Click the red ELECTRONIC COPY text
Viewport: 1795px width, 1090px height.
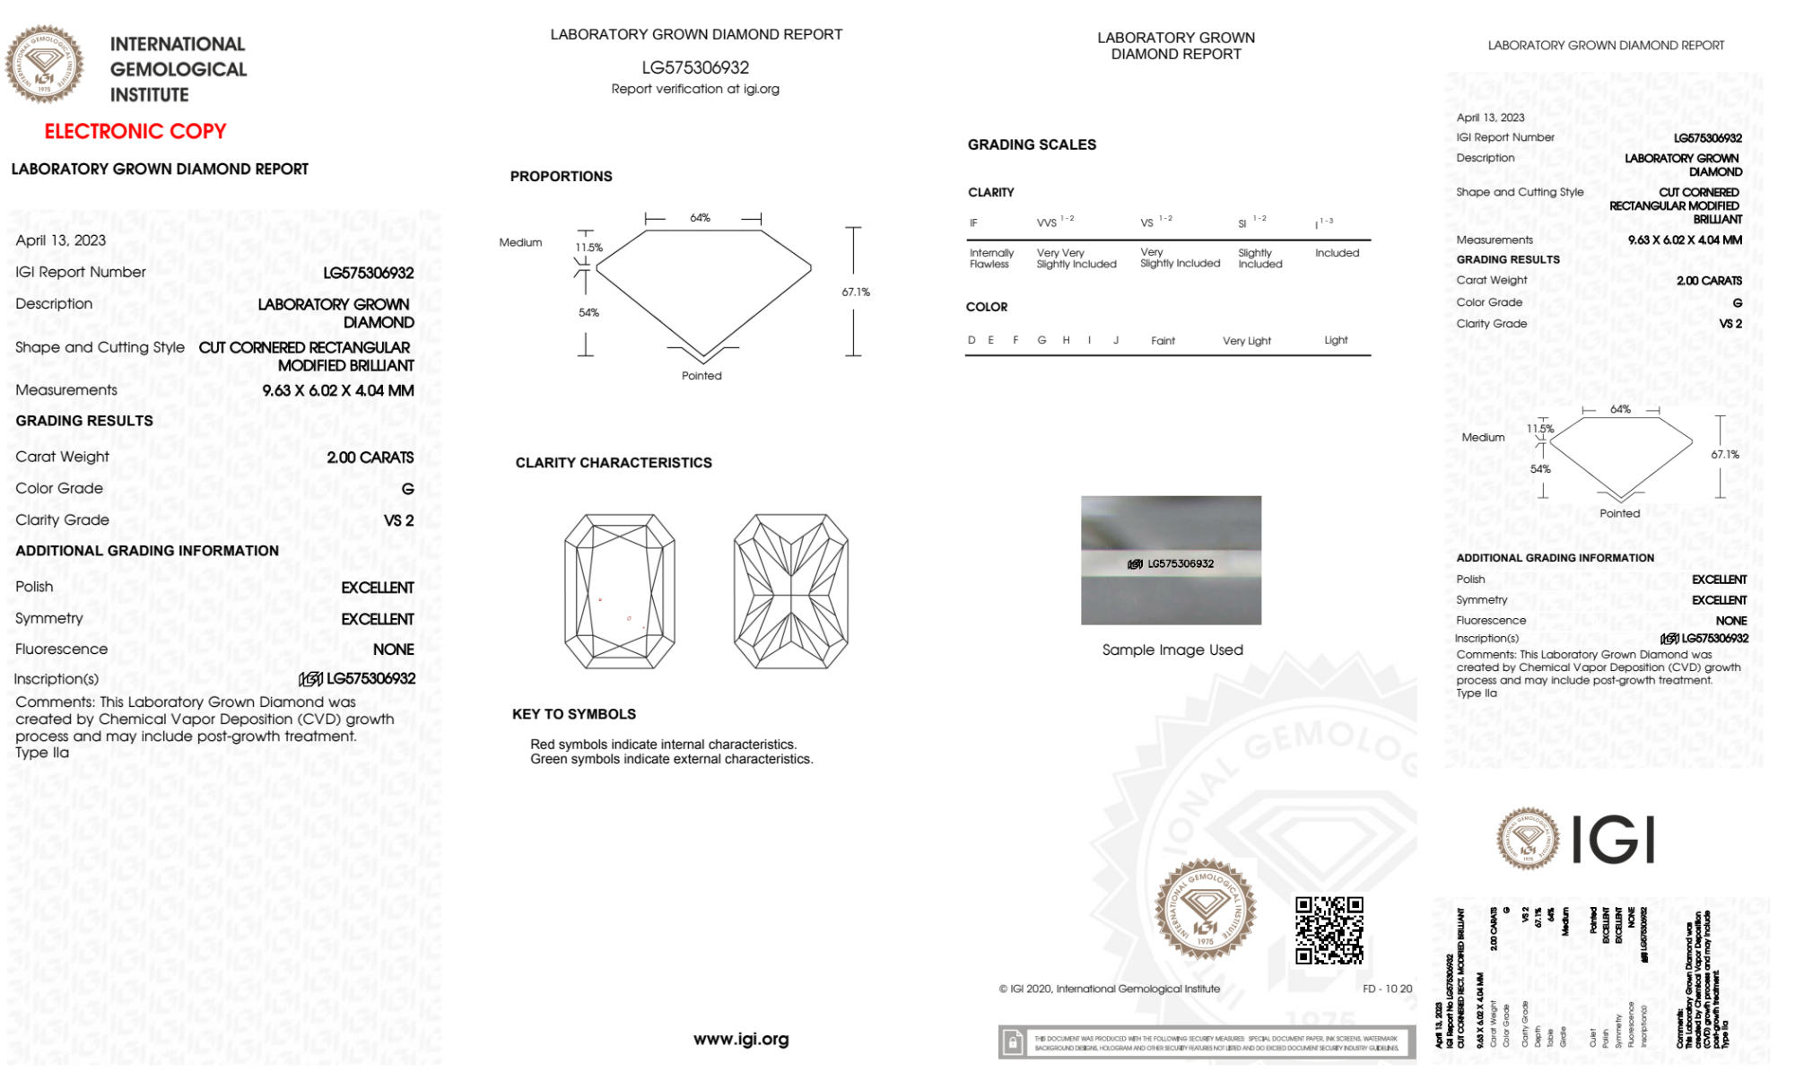[135, 131]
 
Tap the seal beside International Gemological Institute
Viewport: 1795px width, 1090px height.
[45, 65]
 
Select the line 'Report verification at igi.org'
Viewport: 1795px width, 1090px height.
[695, 89]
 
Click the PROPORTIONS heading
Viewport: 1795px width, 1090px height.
[561, 177]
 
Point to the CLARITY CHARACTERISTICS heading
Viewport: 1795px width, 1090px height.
[614, 463]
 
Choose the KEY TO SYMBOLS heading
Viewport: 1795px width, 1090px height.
[574, 714]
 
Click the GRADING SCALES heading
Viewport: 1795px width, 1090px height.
[1032, 144]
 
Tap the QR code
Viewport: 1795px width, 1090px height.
[1329, 930]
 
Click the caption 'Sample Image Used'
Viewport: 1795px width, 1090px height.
[1172, 650]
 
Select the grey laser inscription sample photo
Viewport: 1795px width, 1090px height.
[1171, 560]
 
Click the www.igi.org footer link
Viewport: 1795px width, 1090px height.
[741, 1039]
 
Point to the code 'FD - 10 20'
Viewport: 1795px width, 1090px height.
[1387, 989]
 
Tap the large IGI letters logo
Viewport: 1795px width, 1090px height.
[1614, 840]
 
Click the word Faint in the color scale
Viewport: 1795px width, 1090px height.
[1163, 341]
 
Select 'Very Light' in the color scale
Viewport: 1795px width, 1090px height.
[1246, 341]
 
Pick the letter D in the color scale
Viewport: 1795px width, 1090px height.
[972, 340]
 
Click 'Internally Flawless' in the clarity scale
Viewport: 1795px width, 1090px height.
[991, 258]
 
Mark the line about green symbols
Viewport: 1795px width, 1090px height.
[671, 759]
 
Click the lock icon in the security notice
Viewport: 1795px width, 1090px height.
[1013, 1042]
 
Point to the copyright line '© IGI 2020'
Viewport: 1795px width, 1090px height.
[1110, 989]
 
